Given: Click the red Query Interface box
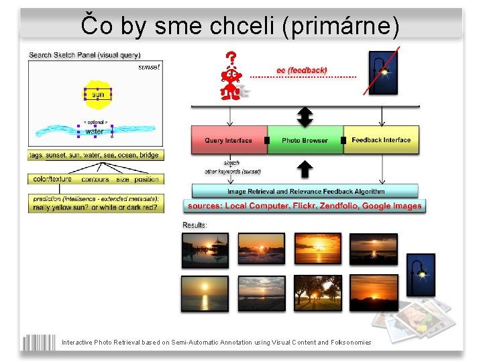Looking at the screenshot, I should tap(229, 140).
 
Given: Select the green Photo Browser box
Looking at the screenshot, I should tap(305, 140).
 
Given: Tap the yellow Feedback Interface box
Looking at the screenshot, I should tap(381, 140).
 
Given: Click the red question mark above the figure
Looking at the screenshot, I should tap(231, 59).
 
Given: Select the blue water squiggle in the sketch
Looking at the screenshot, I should tap(94, 131).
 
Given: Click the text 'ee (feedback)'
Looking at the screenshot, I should tap(302, 70).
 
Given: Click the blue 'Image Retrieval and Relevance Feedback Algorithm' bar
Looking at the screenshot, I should tap(305, 191).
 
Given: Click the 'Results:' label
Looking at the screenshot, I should tap(195, 225).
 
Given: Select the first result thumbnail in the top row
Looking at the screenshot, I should tap(205, 250).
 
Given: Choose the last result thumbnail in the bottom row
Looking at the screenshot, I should tap(374, 293).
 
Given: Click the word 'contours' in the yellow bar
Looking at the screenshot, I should tap(95, 180).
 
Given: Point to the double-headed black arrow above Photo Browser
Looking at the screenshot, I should tap(305, 117).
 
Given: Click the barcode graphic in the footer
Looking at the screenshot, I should tap(39, 342).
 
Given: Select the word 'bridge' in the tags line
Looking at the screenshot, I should tap(150, 155).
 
